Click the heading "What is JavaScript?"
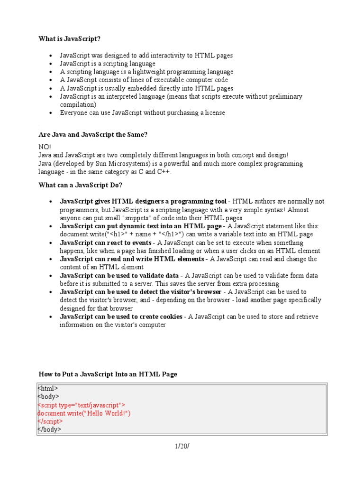pos(69,38)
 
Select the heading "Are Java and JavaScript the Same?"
pos(93,135)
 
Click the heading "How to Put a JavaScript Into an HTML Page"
pos(108,374)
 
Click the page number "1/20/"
pos(182,446)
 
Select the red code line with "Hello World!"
pos(84,413)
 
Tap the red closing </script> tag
pos(50,421)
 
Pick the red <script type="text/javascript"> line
pos(81,405)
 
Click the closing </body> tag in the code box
pos(49,429)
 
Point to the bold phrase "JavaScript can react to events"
pos(105,243)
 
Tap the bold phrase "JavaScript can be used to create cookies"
pos(121,317)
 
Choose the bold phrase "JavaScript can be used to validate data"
pos(119,276)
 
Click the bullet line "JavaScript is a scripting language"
pos(107,64)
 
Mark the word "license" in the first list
pos(214,113)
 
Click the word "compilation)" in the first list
pos(78,104)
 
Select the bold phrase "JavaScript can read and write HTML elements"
pos(132,259)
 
